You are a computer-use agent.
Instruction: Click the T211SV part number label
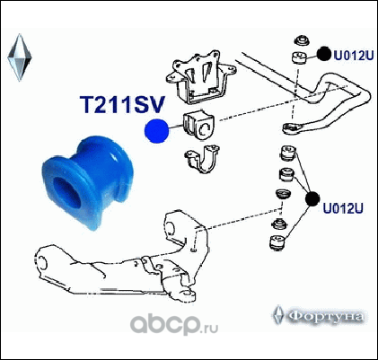point(122,105)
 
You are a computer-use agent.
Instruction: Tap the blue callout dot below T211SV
point(156,131)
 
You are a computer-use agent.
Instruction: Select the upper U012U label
point(354,56)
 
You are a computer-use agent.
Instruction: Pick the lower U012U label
point(343,208)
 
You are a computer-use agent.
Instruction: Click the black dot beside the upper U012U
point(324,54)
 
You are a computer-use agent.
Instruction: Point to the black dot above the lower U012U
point(312,198)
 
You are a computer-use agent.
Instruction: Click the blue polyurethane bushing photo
point(87,182)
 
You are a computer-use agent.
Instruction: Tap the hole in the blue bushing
point(66,192)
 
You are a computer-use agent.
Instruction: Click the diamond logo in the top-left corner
point(20,57)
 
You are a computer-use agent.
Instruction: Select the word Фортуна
point(327,316)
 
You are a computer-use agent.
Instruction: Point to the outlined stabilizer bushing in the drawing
point(198,126)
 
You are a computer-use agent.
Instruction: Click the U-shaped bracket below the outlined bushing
point(202,159)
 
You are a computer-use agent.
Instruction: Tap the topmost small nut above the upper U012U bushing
point(301,40)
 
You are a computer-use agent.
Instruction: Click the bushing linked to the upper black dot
point(299,57)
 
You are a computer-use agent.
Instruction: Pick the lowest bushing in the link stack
point(278,242)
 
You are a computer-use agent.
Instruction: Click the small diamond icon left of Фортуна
point(278,315)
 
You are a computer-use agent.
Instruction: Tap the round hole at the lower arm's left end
point(43,262)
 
